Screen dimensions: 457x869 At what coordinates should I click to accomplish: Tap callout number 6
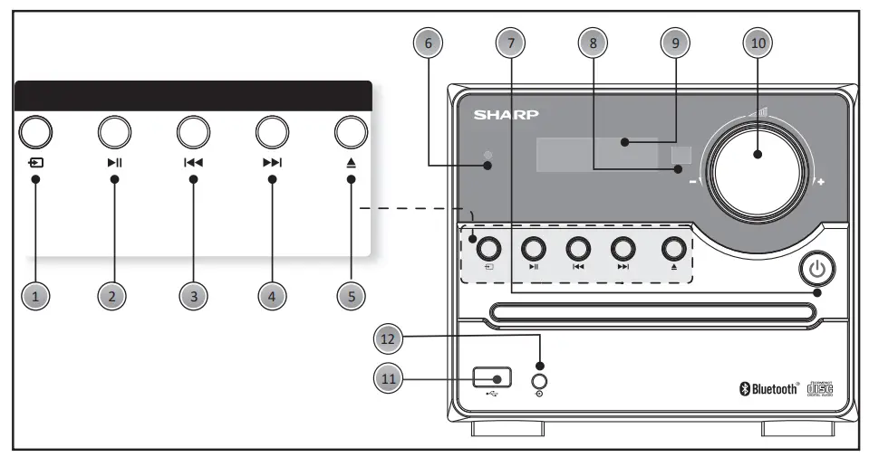click(428, 42)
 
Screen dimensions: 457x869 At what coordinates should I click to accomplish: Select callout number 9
click(675, 42)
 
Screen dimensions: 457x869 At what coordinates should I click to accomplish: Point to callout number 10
click(758, 42)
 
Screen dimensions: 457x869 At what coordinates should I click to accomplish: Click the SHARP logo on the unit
click(506, 115)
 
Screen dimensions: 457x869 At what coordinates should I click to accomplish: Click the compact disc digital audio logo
click(819, 388)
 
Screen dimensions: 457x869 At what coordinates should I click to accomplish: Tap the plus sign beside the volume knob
click(822, 182)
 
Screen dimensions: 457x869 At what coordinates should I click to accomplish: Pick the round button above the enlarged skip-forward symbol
click(271, 132)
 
